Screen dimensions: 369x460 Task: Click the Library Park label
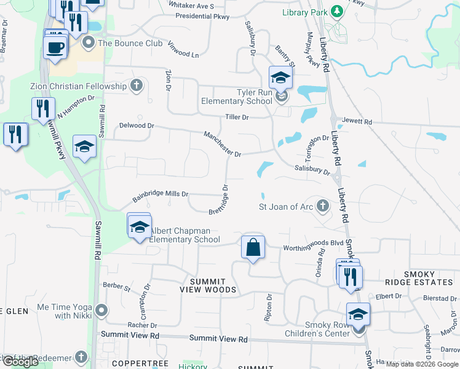[305, 12]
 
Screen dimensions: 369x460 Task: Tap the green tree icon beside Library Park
[336, 12]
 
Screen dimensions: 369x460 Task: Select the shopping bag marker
[253, 248]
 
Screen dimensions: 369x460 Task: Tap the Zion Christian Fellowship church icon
[137, 86]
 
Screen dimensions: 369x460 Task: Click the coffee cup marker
[55, 47]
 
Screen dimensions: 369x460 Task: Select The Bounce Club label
[130, 43]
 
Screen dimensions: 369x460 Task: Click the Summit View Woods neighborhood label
[208, 285]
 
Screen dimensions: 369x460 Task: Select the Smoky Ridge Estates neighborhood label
[427, 278]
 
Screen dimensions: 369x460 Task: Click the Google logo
[21, 362]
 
